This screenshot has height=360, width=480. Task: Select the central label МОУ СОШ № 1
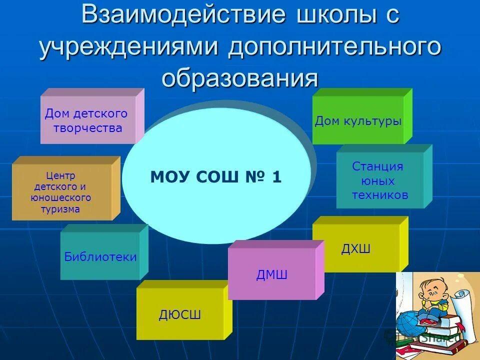(x=216, y=177)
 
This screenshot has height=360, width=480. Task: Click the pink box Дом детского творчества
(x=87, y=120)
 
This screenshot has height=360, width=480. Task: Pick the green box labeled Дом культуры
(x=358, y=121)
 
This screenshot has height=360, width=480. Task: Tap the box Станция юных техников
(x=380, y=180)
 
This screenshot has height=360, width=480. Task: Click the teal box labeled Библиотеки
(x=100, y=256)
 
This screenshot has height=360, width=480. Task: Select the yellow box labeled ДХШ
(x=356, y=248)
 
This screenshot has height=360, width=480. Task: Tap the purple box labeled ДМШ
(x=271, y=274)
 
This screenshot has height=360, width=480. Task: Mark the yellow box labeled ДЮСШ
(x=180, y=314)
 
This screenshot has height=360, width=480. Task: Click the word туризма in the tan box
(x=60, y=209)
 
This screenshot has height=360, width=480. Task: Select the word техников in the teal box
(x=380, y=195)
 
